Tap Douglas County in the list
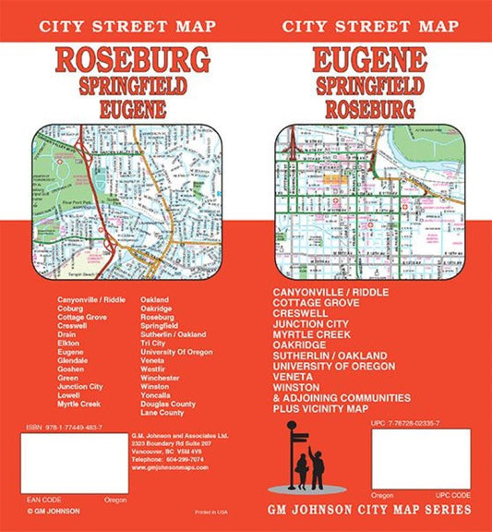[168, 404]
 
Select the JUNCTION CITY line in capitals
[313, 323]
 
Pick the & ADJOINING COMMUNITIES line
[342, 397]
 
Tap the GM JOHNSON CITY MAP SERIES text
[368, 510]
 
